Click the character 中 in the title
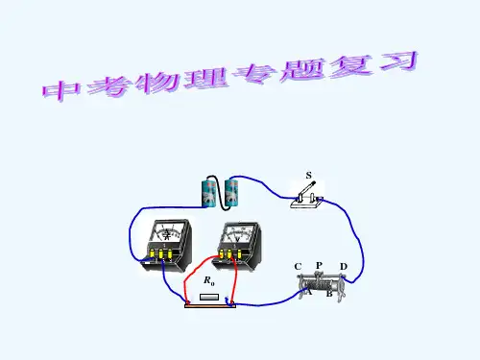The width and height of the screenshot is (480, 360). click(x=61, y=90)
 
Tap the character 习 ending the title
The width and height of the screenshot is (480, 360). click(x=399, y=61)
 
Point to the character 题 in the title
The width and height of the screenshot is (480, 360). click(x=302, y=69)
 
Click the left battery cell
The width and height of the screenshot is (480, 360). click(x=209, y=193)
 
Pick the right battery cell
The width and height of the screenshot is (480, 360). click(x=231, y=192)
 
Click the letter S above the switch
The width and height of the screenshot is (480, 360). click(x=308, y=176)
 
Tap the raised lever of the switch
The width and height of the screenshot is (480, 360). click(x=307, y=189)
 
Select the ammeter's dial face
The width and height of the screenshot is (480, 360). click(x=167, y=232)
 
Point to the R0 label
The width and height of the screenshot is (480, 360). click(x=209, y=280)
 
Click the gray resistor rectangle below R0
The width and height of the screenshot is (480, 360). click(x=209, y=298)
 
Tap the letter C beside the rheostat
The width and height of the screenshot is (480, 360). click(x=298, y=267)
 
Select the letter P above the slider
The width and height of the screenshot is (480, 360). click(x=319, y=265)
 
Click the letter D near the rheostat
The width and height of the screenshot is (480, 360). click(x=344, y=267)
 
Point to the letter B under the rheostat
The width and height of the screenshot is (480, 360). click(x=329, y=294)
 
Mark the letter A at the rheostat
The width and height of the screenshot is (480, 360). click(x=309, y=292)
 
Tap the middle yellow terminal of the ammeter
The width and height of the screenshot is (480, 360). click(x=161, y=254)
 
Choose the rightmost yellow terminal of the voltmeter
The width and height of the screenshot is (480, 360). click(x=239, y=254)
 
